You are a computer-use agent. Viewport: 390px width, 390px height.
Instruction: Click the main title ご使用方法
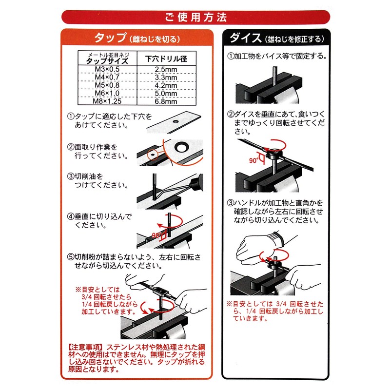[x=195, y=18]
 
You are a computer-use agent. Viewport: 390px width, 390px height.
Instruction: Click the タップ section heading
[x=110, y=38]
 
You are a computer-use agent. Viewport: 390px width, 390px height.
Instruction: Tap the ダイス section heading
[x=242, y=38]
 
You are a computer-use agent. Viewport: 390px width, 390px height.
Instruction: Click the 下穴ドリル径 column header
[x=167, y=59]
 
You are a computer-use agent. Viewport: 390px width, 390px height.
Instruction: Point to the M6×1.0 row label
[x=107, y=94]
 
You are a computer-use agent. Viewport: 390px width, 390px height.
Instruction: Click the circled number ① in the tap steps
[x=70, y=117]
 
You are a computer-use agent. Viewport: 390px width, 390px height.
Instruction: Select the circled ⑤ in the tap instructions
[x=70, y=257]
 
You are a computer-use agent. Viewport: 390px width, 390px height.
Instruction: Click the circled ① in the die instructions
[x=231, y=56]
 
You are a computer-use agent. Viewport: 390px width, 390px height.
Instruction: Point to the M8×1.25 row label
[x=107, y=102]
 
